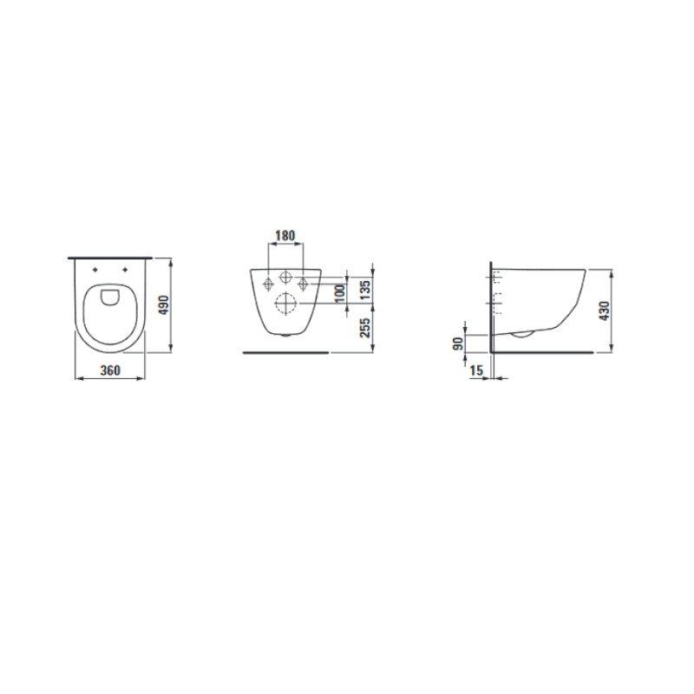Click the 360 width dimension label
[x=110, y=370]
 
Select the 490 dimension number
[x=164, y=305]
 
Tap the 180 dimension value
[x=285, y=236]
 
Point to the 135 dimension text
[x=365, y=290]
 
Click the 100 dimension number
[x=340, y=293]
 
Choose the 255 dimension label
[x=365, y=328]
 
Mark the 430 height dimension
[x=604, y=311]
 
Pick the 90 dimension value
[x=458, y=344]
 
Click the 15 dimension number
[x=476, y=370]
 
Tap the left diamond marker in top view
[x=95, y=270]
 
